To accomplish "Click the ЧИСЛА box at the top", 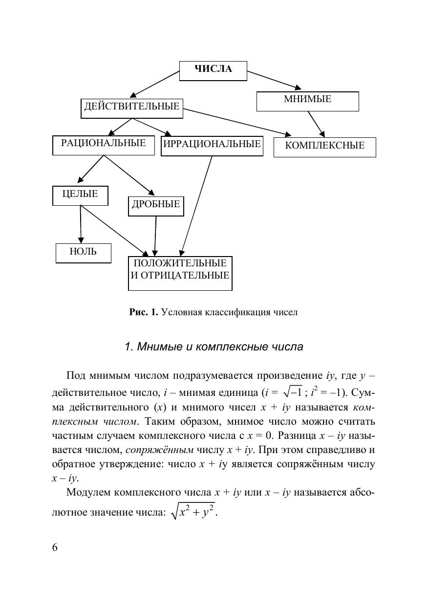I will coord(213,70).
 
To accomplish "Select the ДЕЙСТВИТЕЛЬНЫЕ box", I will coord(131,108).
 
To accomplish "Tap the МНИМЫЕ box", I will coord(307,101).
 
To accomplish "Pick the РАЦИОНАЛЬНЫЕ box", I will coord(103,145).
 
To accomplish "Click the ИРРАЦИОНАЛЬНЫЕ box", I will coord(212,146).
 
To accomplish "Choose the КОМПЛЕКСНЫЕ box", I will coord(324,147).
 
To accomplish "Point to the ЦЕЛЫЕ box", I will coord(80,195).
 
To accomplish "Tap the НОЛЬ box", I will coord(83,253).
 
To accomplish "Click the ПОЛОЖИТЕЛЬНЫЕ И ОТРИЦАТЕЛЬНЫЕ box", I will coord(180,273).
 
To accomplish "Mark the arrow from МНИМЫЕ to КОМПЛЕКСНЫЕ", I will coord(316,123).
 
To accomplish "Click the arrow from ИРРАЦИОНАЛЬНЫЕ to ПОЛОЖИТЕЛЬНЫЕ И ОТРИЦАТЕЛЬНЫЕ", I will coord(197,205).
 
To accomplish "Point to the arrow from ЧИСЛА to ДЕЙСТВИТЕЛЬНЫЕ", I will coord(155,84).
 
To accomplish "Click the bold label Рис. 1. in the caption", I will coord(144,312).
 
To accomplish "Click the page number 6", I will coord(55,547).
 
